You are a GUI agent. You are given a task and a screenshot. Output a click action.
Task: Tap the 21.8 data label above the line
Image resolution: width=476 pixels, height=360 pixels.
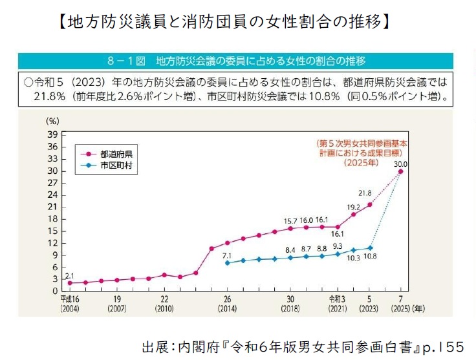[365, 193]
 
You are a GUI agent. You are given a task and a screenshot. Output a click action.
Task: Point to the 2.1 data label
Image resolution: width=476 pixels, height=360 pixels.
[69, 275]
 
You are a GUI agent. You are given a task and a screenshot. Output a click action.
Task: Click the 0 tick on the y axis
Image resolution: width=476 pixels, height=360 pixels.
[56, 291]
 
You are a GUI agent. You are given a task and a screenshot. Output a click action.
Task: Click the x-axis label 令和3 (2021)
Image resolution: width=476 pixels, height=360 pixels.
[338, 304]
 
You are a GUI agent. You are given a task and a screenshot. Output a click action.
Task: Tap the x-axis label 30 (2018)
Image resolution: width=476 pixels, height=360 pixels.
[290, 304]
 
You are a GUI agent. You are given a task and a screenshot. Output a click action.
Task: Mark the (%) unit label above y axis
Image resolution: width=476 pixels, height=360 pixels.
[53, 121]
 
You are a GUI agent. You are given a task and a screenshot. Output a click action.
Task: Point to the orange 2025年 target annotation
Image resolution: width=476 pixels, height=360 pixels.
[362, 162]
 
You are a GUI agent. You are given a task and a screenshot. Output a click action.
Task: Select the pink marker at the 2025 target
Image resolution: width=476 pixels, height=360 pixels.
[401, 172]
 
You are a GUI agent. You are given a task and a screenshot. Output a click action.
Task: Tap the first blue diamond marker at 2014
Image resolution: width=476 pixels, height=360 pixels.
[227, 263]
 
